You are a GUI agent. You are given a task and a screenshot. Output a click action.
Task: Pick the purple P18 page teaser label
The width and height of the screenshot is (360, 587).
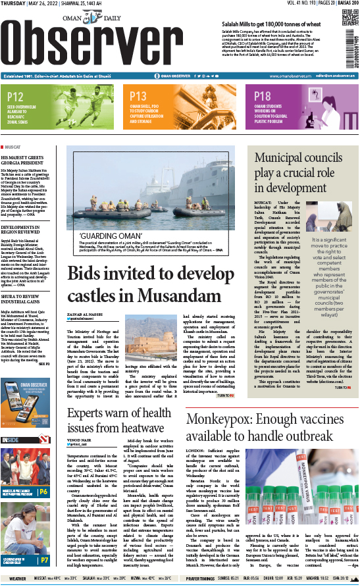(263, 96)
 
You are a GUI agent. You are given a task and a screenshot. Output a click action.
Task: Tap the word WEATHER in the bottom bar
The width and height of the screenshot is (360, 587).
(18, 579)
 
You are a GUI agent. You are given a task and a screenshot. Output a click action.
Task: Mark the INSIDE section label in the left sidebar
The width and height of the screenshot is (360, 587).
(11, 439)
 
